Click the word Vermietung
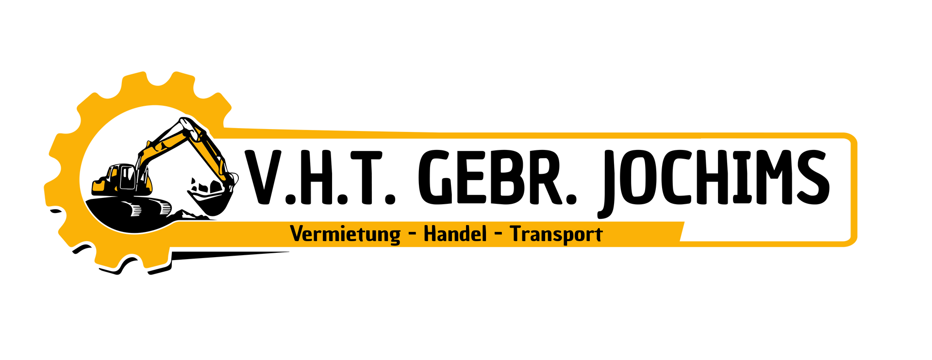pos(346,234)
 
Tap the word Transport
pos(556,234)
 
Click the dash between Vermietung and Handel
pos(413,235)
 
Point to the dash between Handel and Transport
pos(498,235)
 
